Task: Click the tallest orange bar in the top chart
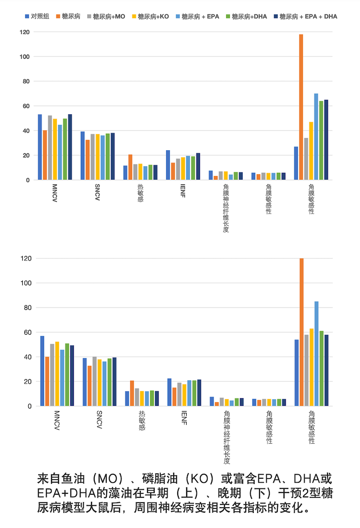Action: pos(301,107)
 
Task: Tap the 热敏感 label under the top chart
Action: pos(140,193)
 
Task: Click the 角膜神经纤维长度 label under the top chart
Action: pos(226,208)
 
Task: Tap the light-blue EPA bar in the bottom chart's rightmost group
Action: pos(316,354)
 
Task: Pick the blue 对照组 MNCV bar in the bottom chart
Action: pos(42,371)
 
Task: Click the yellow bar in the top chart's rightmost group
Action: pos(311,151)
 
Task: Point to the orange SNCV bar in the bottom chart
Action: pos(90,386)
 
